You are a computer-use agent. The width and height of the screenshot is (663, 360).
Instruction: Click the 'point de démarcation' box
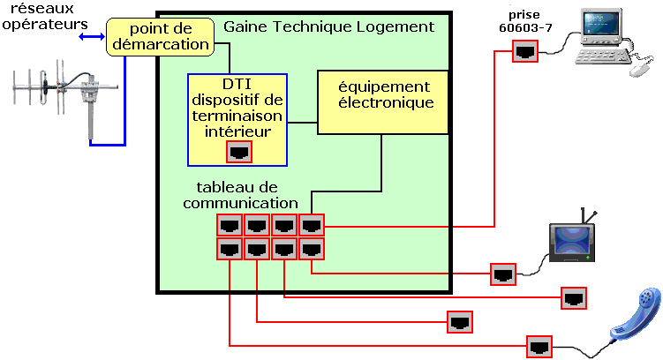point(160,37)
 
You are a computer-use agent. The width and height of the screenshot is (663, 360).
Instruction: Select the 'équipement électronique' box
point(382,102)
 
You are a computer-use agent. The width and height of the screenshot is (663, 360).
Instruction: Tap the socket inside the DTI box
point(239,152)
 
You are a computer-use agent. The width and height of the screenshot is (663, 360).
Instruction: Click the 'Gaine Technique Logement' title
point(328,27)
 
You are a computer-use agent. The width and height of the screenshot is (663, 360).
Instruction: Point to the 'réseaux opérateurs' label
point(44,17)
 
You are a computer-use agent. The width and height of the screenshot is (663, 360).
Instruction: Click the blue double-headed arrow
point(92,37)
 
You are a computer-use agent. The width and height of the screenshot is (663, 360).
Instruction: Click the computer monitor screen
point(600,24)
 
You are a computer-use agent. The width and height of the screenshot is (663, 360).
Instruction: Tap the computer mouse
point(642,69)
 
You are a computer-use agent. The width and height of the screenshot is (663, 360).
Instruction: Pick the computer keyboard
point(603,56)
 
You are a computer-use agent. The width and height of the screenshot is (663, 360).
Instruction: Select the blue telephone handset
point(635,314)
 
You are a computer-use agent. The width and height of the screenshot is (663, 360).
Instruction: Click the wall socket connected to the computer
point(525,51)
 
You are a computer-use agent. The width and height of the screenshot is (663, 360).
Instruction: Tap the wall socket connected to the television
point(503,274)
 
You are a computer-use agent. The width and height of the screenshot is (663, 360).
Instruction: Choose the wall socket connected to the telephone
point(539,347)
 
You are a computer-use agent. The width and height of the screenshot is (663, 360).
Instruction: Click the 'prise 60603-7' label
point(524,21)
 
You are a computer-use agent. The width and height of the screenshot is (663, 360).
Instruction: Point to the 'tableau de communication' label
point(240,195)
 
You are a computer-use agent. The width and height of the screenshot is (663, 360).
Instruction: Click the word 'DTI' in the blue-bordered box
point(237,84)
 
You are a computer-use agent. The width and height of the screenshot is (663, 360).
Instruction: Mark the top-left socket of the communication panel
point(230,225)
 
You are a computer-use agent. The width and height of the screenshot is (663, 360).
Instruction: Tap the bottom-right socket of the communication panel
point(312,249)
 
